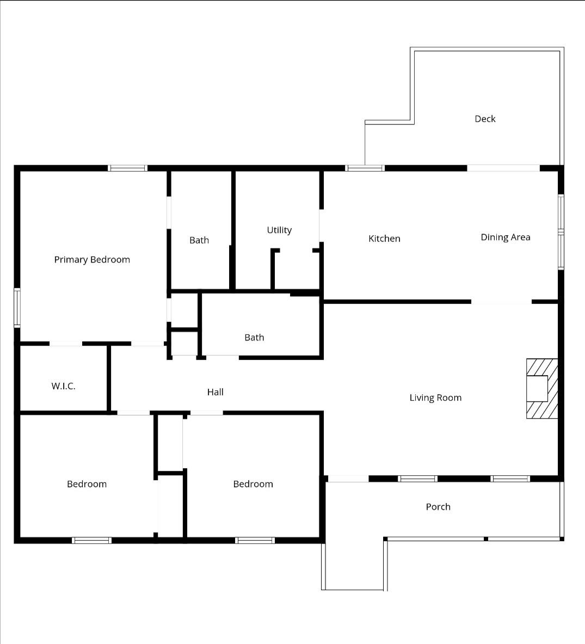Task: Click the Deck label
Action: tap(485, 119)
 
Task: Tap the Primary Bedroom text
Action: tap(92, 260)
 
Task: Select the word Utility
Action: tap(279, 230)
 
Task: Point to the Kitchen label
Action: tap(384, 238)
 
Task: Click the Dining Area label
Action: tap(506, 237)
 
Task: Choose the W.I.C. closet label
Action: tap(63, 386)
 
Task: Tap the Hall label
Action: tap(215, 392)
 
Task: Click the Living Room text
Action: tap(435, 397)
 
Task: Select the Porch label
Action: tap(438, 507)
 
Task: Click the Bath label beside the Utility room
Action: tap(199, 240)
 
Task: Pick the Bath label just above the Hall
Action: tap(254, 338)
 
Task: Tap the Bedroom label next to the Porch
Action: tap(253, 484)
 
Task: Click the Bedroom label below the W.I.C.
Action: tap(87, 484)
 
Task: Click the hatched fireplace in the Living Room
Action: tap(543, 389)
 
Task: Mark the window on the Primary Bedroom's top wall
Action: tap(128, 168)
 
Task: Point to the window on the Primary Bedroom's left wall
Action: tap(17, 308)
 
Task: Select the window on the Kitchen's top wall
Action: tap(365, 168)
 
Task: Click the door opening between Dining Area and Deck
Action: tap(503, 168)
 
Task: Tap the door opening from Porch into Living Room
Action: tap(348, 479)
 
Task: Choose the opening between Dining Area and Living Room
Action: tap(501, 302)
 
